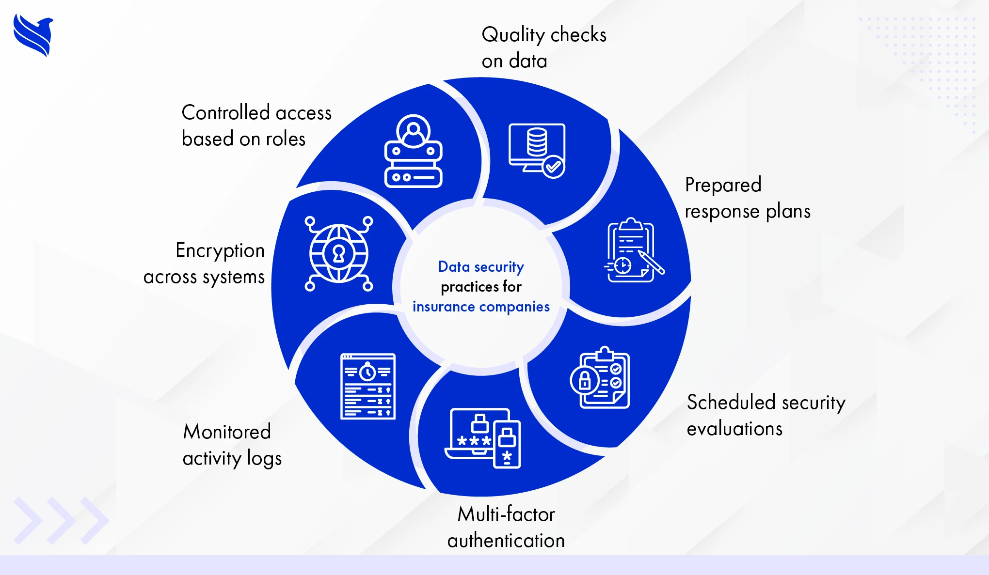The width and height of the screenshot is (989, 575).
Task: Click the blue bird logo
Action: [33, 35]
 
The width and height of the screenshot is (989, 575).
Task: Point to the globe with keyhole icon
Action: [339, 253]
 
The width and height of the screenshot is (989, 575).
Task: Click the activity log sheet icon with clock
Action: [368, 386]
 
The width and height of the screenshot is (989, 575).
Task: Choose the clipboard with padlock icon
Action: [600, 378]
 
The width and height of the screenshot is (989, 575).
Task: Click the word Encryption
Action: [220, 251]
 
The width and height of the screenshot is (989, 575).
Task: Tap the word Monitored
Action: [227, 432]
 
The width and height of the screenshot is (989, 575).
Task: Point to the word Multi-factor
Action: [506, 514]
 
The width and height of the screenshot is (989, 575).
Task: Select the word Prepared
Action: [723, 186]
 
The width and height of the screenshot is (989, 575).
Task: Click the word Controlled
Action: [225, 113]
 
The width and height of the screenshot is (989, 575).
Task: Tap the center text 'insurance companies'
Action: [481, 307]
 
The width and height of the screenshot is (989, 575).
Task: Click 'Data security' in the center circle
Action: [481, 267]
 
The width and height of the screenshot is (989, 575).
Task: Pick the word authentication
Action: [506, 541]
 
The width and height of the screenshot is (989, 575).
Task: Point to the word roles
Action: [286, 140]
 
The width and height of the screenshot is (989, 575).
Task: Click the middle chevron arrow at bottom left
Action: [61, 520]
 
